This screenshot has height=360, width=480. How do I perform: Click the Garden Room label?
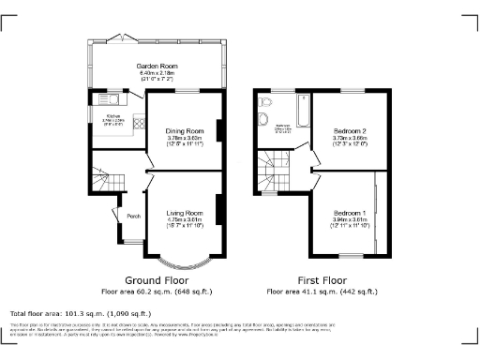[157, 67]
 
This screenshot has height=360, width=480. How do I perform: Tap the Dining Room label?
[185, 130]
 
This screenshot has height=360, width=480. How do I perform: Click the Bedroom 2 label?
[350, 130]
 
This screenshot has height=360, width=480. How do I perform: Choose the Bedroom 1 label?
[350, 214]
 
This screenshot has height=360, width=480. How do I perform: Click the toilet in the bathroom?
[266, 100]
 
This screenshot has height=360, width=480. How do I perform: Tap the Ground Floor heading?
[157, 279]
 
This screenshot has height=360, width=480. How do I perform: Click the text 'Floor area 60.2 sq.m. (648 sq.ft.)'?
[157, 291]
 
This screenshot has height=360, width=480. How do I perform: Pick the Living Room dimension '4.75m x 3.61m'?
[185, 220]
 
